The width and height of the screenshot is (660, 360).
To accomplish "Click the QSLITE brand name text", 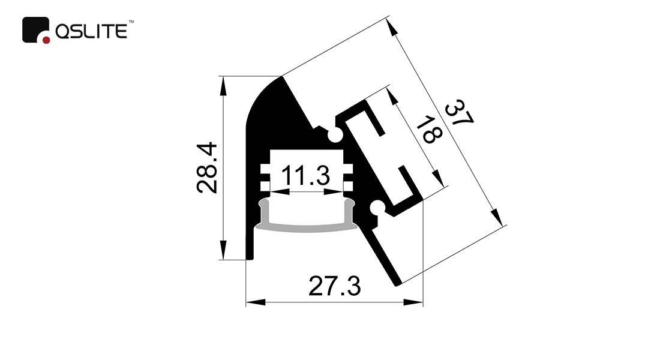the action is coord(91,32).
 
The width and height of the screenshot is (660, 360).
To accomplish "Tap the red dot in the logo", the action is coord(46,40).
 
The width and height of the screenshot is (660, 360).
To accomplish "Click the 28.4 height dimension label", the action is coord(207,167).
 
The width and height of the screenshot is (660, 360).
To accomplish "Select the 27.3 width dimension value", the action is coord(335,286).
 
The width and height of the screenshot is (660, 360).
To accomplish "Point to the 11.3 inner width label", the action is coord(305,175).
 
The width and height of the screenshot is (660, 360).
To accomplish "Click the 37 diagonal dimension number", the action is coord(459,112).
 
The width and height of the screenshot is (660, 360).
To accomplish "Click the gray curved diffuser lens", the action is coord(307,221).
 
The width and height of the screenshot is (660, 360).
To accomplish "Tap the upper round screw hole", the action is coord(335,135).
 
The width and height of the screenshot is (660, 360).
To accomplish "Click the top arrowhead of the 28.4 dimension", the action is coord(223,86).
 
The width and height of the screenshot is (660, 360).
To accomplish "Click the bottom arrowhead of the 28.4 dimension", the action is coord(223,250).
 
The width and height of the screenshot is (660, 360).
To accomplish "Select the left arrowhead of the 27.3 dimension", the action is coord(256,302).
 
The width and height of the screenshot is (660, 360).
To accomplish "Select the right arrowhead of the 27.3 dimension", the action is coord(413,302).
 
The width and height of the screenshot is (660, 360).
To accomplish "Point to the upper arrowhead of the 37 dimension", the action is coord(393,28).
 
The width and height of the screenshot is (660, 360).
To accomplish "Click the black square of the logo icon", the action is coord(35,29).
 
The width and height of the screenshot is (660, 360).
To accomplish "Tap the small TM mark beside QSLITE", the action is coord(131,21).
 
